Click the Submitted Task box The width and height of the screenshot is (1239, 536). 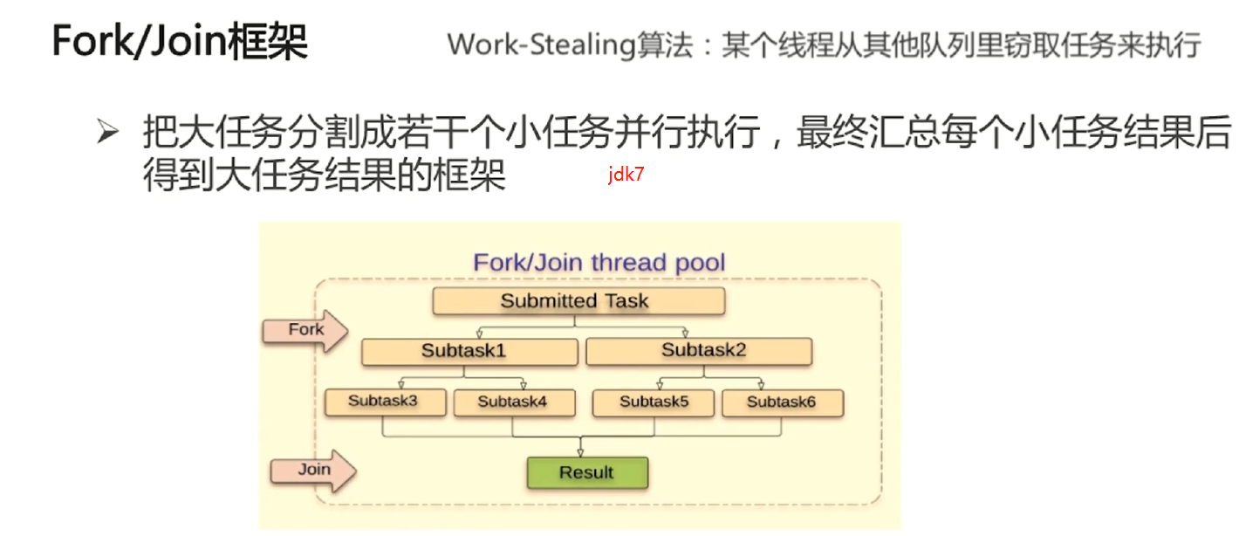578,301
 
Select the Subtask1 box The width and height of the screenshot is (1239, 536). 469,352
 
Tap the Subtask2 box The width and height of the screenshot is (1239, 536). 699,351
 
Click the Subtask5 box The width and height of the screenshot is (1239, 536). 654,402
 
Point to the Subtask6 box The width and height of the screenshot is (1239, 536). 782,402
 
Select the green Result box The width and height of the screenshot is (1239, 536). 587,472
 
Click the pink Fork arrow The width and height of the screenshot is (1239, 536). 305,330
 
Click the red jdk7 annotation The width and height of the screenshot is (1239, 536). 626,175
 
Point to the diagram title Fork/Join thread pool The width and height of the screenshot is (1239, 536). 599,262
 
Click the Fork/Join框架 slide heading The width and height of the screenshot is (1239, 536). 180,42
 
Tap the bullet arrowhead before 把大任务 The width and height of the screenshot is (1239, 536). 106,134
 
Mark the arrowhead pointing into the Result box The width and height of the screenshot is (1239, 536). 580,451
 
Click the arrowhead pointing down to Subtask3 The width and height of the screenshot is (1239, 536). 400,383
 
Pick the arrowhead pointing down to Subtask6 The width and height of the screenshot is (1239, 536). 762,383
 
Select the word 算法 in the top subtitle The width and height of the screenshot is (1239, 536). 661,45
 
